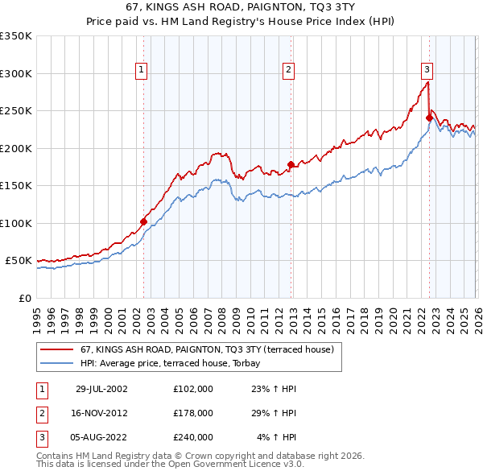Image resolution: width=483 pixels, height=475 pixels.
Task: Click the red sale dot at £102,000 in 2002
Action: click(144, 221)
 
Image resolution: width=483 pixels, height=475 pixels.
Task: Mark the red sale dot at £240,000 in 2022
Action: click(429, 118)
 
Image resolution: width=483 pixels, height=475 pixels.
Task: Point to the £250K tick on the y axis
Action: click(16, 111)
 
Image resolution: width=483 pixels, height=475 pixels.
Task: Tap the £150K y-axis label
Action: click(16, 186)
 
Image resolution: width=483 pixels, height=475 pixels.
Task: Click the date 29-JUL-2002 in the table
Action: click(101, 389)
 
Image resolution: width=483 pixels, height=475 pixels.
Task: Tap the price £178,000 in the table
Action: click(192, 413)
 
